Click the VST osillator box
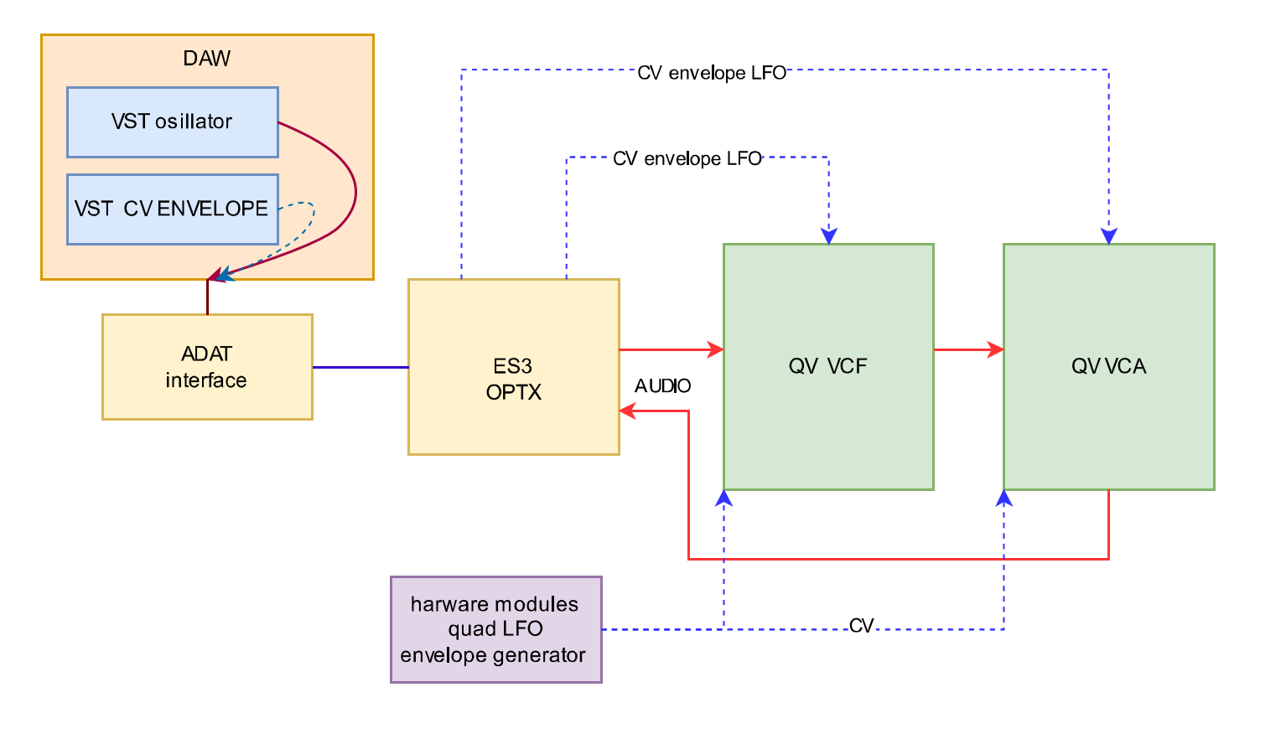pyautogui.click(x=172, y=122)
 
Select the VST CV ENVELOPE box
pyautogui.click(x=172, y=209)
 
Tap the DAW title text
pyautogui.click(x=206, y=59)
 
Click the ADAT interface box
pyautogui.click(x=207, y=367)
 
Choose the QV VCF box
pyautogui.click(x=827, y=367)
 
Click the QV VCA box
pyautogui.click(x=1108, y=367)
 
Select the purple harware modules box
pyautogui.click(x=495, y=629)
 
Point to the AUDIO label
pyautogui.click(x=662, y=386)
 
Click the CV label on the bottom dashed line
pyautogui.click(x=861, y=626)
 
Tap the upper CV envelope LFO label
pyautogui.click(x=711, y=73)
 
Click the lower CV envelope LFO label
pyautogui.click(x=687, y=159)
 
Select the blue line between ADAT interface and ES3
pyautogui.click(x=360, y=367)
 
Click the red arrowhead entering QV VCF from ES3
pyautogui.click(x=716, y=349)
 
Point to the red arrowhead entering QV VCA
pyautogui.click(x=996, y=349)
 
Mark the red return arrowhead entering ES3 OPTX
pyautogui.click(x=627, y=411)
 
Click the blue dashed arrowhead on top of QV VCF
pyautogui.click(x=828, y=236)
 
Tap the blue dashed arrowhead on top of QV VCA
pyautogui.click(x=1108, y=236)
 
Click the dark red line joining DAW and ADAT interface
pyautogui.click(x=207, y=297)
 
